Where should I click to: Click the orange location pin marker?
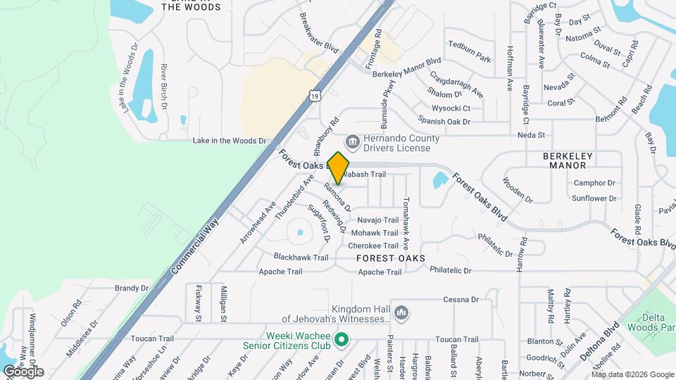click(339, 167)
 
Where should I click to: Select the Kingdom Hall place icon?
click(401, 311)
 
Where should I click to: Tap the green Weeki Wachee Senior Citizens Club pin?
click(342, 340)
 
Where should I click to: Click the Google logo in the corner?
click(24, 372)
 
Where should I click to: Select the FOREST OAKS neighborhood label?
click(390, 258)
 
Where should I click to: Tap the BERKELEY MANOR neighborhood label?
click(565, 160)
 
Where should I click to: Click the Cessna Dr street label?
click(461, 299)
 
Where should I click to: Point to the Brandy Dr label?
click(132, 288)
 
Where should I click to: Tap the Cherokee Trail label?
click(374, 246)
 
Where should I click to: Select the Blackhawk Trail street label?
click(301, 258)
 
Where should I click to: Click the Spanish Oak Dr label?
click(444, 122)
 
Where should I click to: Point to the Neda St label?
click(532, 134)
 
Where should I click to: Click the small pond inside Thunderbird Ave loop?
click(300, 232)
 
